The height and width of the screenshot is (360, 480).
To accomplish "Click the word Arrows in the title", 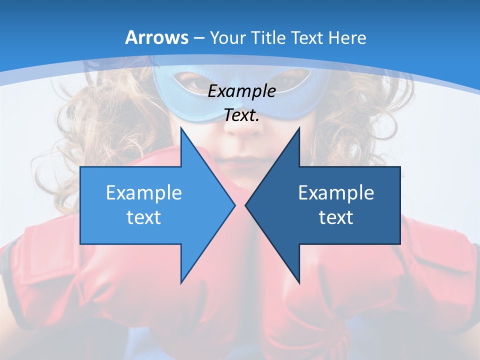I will pyautogui.click(x=157, y=37).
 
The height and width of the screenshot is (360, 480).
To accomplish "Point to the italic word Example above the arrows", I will pyautogui.click(x=241, y=91).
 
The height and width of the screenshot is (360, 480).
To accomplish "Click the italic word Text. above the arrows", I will pyautogui.click(x=241, y=115).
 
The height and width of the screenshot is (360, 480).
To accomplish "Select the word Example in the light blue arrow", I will pyautogui.click(x=143, y=193).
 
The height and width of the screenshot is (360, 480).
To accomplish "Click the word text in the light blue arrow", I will pyautogui.click(x=143, y=217).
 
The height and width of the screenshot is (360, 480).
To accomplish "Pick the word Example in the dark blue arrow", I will pyautogui.click(x=336, y=193).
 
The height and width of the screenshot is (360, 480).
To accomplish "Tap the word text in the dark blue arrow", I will pyautogui.click(x=336, y=217).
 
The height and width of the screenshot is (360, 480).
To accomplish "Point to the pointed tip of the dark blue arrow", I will pyautogui.click(x=246, y=205).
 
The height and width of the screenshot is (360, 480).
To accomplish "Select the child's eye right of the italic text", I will pyautogui.click(x=292, y=80).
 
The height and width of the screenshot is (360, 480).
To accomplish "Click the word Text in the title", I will pyautogui.click(x=307, y=38).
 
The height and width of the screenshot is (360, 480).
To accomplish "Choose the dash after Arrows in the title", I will pyautogui.click(x=198, y=38).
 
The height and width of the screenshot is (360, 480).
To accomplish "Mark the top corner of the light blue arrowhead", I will pyautogui.click(x=181, y=128).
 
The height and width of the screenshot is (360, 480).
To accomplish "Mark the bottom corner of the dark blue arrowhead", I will pyautogui.click(x=299, y=282).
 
